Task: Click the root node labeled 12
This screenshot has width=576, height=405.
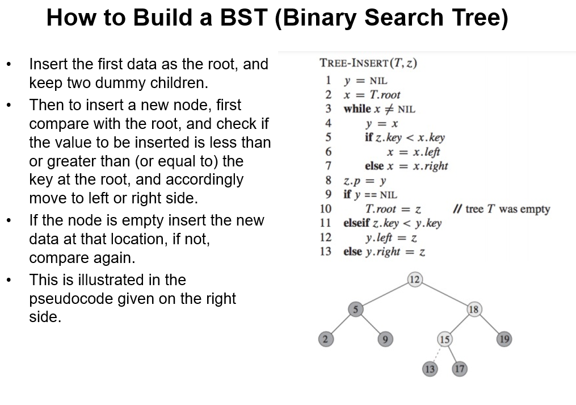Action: [415, 279]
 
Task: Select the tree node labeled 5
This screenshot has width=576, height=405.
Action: [355, 310]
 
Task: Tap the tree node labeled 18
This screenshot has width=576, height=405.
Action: [474, 310]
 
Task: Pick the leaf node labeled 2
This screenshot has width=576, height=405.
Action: [325, 339]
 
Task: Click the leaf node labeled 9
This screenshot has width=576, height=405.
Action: [385, 339]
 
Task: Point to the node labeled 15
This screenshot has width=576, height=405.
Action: [444, 339]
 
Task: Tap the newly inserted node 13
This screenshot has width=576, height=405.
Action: [430, 369]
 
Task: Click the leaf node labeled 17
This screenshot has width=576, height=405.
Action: [460, 369]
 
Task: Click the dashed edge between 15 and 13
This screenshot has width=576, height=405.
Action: [437, 354]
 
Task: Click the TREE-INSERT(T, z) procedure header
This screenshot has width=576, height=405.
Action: [368, 63]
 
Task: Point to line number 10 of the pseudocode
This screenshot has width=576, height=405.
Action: [326, 208]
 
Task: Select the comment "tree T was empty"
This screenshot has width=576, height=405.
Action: [502, 208]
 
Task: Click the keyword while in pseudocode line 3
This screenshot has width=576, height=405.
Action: [357, 108]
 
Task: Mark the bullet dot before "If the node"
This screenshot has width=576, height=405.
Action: [8, 221]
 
